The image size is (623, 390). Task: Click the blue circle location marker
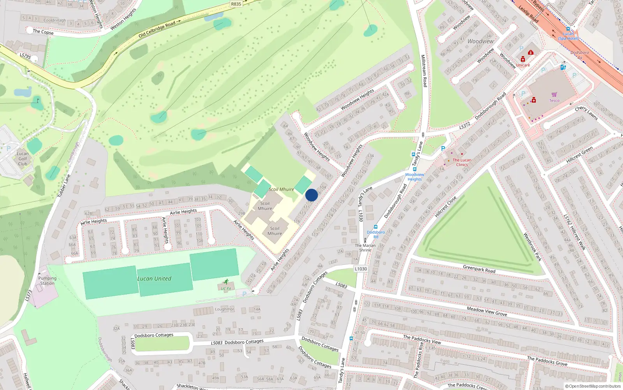point(311,195)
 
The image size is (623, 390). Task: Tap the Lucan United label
point(154,278)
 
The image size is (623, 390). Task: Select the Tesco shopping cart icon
point(554,94)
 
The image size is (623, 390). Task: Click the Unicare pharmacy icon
point(523,59)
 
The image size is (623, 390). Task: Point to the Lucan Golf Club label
point(23,159)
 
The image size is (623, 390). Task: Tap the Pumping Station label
point(47,281)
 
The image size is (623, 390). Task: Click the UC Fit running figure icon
point(226,282)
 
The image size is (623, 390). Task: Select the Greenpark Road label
point(479,269)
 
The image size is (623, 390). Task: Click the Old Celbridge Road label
point(157,30)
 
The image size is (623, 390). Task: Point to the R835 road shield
point(236,4)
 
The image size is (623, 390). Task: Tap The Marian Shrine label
point(365,248)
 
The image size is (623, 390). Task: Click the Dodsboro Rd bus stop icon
point(376,227)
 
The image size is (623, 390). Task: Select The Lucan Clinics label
point(462,162)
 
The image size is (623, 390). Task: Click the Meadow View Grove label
point(487,311)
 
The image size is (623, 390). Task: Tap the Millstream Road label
point(424,71)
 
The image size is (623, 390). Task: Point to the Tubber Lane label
point(64,186)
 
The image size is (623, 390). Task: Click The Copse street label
point(43,32)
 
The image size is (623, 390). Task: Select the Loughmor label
point(225,309)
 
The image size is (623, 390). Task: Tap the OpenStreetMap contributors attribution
point(593,386)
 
